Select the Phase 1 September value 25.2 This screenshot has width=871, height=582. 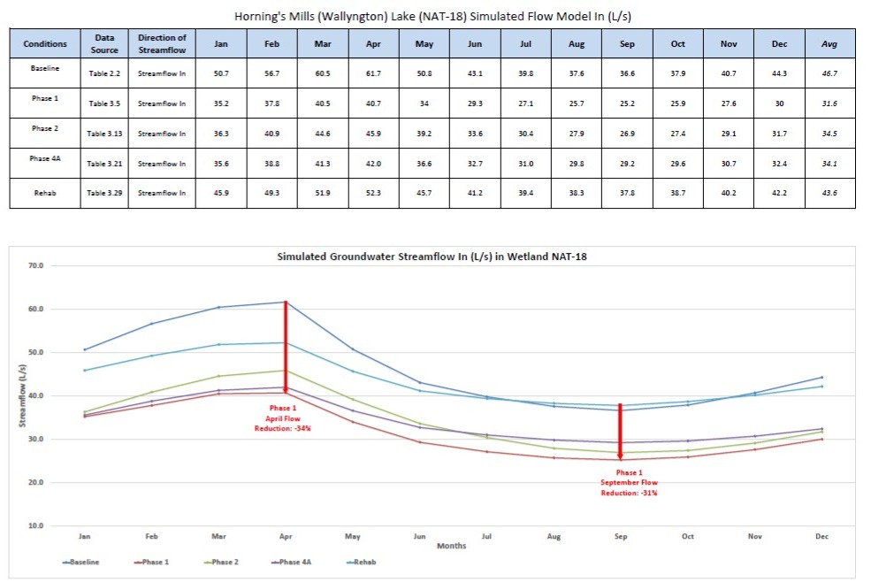click(627, 103)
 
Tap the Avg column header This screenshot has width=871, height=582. click(830, 43)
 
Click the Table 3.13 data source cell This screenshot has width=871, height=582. click(105, 134)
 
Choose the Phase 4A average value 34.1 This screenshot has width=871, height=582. click(830, 164)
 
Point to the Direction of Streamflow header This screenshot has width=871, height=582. click(162, 43)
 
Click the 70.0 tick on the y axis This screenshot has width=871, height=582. click(36, 265)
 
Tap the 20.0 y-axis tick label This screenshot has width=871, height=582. click(36, 483)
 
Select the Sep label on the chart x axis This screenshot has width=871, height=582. click(620, 536)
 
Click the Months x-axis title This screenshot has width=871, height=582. click(452, 546)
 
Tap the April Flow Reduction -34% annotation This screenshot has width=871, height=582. click(285, 417)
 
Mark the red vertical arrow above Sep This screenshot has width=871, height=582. click(620, 432)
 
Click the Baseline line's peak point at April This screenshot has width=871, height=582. click(285, 302)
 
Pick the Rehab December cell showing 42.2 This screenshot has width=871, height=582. click(779, 194)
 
